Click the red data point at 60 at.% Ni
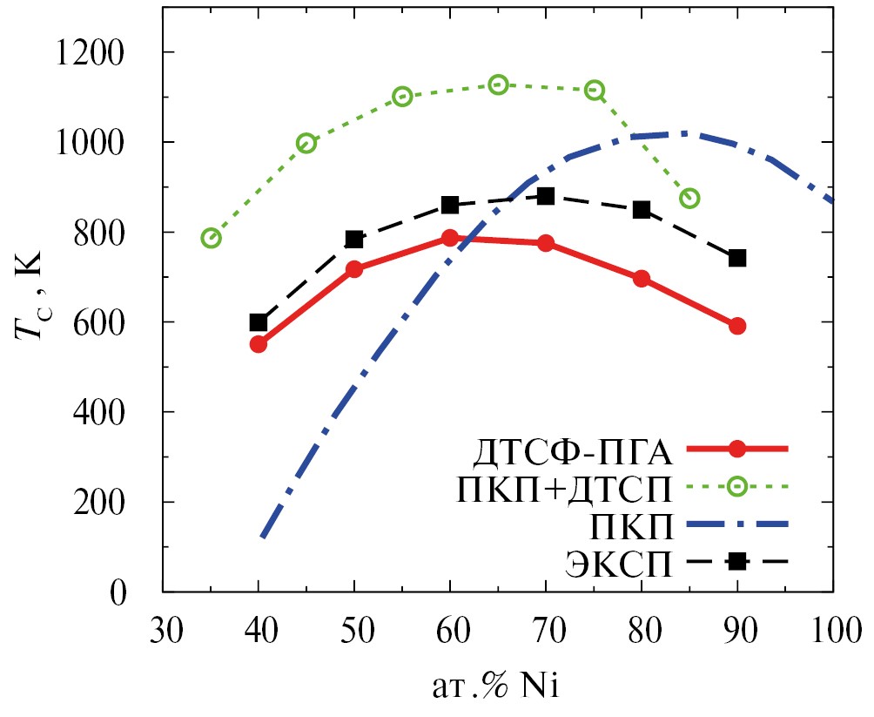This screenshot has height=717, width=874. point(450,238)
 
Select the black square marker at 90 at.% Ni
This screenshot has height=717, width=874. point(737,258)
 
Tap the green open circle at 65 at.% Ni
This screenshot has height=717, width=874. point(498,85)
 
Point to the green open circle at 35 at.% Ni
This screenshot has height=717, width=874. point(211,238)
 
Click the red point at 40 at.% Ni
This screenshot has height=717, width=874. point(259,344)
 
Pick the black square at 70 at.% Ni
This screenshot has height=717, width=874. point(546,196)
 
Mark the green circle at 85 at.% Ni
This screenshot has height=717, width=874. point(689,199)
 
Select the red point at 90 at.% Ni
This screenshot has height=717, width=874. point(737,326)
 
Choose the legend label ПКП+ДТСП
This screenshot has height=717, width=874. point(564,490)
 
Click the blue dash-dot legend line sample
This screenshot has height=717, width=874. point(736,524)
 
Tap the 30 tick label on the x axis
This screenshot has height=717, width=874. point(163,629)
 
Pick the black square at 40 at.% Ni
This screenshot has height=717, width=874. point(259,322)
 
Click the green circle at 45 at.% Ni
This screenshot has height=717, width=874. point(306,144)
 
